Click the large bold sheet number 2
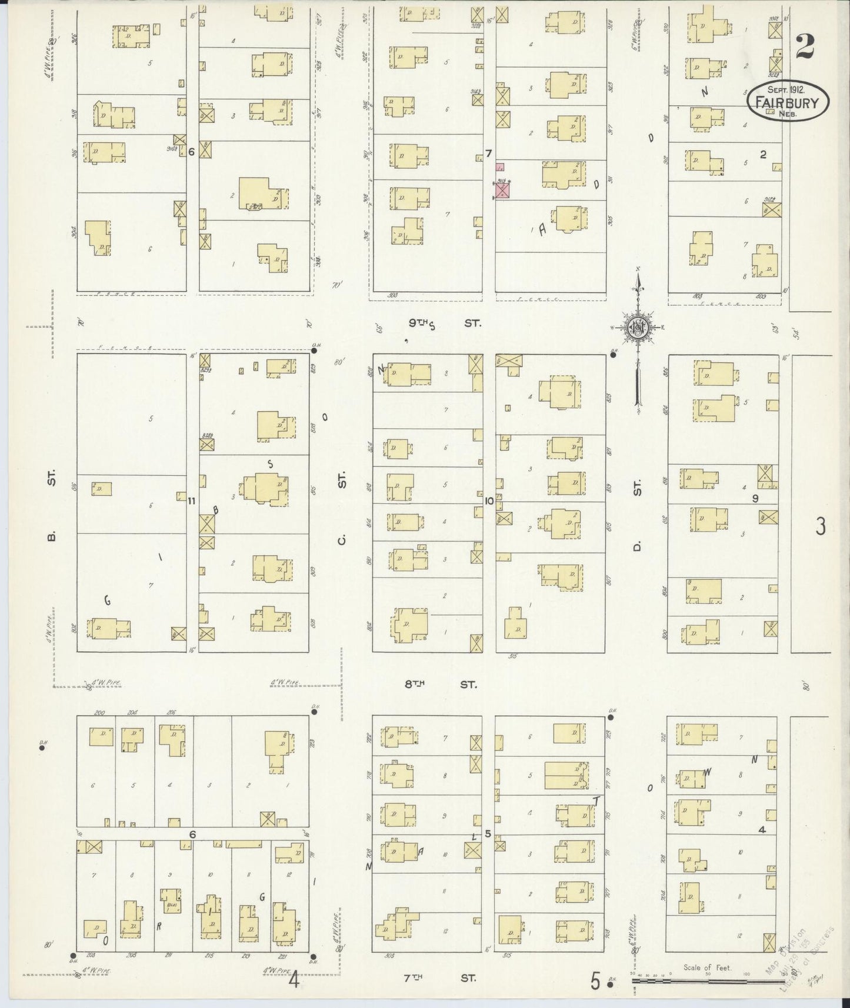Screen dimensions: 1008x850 [805, 47]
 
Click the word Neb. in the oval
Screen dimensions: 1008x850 [788, 114]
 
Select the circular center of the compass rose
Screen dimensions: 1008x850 [638, 328]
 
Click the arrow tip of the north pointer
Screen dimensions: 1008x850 [638, 272]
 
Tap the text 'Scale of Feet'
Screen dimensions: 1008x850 [706, 967]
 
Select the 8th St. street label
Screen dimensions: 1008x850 [441, 684]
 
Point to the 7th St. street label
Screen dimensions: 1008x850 [441, 978]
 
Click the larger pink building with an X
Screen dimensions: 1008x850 [502, 190]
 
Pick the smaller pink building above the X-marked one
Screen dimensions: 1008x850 [501, 168]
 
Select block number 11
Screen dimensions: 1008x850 [191, 501]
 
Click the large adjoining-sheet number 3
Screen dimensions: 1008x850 [820, 526]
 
